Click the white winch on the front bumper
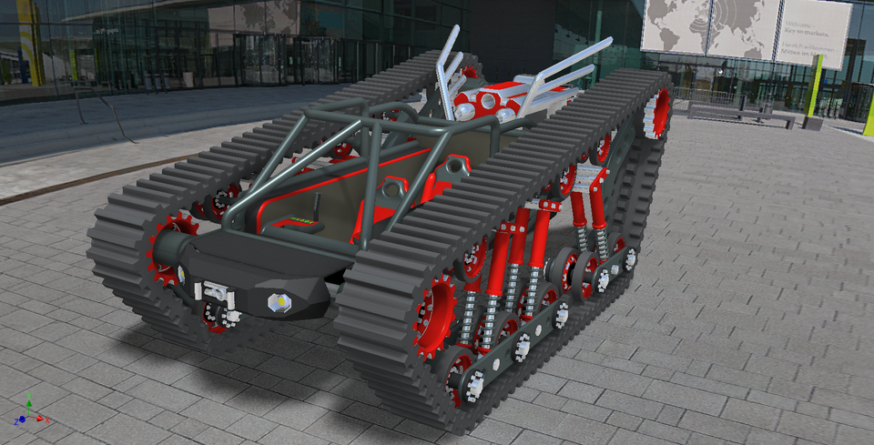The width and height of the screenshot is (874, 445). pyautogui.click(x=217, y=292)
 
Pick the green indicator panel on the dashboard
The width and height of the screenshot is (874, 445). pyautogui.click(x=304, y=220)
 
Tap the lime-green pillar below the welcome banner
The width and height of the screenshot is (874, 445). pyautogui.click(x=812, y=86)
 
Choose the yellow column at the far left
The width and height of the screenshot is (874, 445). pyautogui.click(x=30, y=41)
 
